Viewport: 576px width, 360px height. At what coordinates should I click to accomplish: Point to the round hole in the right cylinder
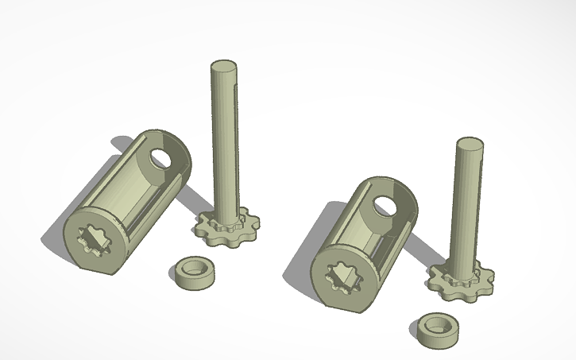pos(385,206)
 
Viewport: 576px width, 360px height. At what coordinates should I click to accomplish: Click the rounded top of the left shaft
pos(224,67)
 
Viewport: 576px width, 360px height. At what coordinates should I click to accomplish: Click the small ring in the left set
pos(194,271)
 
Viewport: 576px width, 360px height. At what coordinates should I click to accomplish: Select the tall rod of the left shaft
pos(224,143)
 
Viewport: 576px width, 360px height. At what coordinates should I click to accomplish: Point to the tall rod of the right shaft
pos(468,207)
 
